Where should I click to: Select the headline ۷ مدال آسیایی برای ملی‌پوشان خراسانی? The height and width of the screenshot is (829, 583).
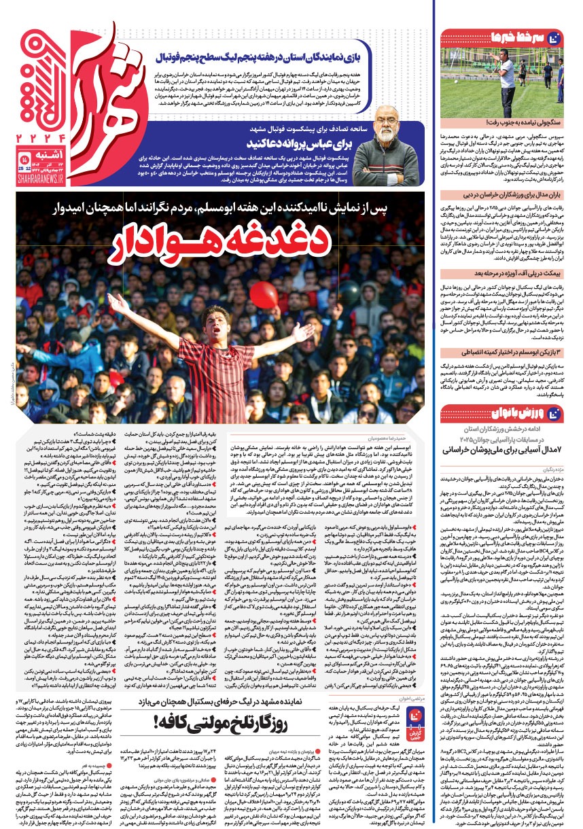pos(500,450)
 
